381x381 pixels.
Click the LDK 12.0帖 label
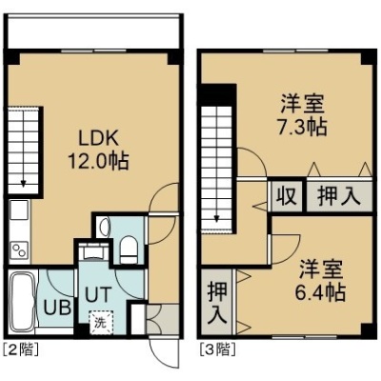[x=98, y=150]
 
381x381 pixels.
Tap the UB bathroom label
[x=57, y=307]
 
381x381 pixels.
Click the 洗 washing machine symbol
[x=101, y=322]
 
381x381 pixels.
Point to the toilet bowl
[x=129, y=250]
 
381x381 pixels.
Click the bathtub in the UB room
[x=22, y=302]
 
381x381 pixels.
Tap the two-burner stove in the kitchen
[x=19, y=250]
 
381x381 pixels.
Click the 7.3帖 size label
[x=302, y=128]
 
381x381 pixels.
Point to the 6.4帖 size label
[x=320, y=292]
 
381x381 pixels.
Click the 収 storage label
[x=286, y=197]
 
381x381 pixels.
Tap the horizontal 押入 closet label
[x=339, y=197]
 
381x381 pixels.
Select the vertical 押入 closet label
[x=217, y=303]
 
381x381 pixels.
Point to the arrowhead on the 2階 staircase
[x=23, y=184]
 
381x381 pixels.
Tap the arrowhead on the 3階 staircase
[x=216, y=219]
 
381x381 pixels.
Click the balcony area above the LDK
[x=93, y=31]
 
